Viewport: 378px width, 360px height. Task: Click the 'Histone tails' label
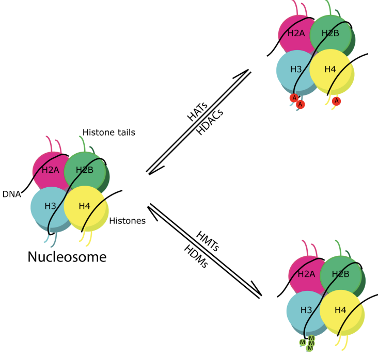(x=108, y=133)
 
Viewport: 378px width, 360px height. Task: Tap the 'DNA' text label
(x=11, y=194)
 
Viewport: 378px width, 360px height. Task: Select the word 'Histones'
(x=128, y=221)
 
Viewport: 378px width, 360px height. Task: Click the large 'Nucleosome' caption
(x=67, y=256)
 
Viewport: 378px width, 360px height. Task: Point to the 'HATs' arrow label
(x=197, y=111)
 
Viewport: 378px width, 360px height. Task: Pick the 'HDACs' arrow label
(x=209, y=124)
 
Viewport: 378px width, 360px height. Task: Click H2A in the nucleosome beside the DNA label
(x=50, y=170)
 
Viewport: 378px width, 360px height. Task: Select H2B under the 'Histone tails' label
(x=84, y=170)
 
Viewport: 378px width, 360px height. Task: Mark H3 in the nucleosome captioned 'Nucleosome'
(x=50, y=206)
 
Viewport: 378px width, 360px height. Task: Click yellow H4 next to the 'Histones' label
(x=85, y=206)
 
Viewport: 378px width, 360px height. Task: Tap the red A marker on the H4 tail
(x=337, y=101)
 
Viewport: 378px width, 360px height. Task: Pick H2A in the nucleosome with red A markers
(x=295, y=34)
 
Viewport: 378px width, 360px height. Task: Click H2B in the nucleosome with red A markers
(x=330, y=34)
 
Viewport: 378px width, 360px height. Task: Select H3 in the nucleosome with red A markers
(x=296, y=69)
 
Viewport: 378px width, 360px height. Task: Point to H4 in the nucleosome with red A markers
(x=330, y=69)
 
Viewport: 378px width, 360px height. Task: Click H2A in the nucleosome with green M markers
(x=306, y=274)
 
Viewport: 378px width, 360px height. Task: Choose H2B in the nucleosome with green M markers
(x=340, y=274)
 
